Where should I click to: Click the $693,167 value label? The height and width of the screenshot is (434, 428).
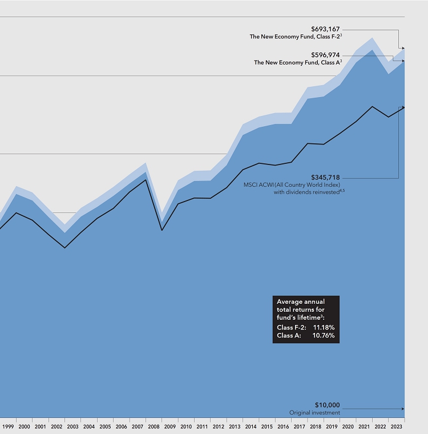[325, 29]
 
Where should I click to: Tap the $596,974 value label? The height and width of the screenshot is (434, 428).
[325, 55]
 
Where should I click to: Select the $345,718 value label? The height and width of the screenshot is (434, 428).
[325, 178]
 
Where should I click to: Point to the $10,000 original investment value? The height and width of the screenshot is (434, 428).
[327, 405]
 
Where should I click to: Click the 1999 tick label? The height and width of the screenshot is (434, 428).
[8, 427]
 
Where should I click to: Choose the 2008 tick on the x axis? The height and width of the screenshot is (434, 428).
[154, 427]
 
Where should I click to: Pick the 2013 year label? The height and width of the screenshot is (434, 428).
[235, 427]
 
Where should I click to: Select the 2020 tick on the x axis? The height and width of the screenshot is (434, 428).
[348, 427]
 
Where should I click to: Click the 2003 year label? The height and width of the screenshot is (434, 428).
[72, 427]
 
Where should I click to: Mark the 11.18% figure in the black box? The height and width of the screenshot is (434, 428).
[324, 327]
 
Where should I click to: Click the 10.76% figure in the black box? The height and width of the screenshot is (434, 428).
[324, 336]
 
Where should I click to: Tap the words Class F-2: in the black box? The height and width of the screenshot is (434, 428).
[291, 327]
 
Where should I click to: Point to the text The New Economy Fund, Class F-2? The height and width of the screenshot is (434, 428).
[294, 37]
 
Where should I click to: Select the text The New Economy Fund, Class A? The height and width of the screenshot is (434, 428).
[297, 62]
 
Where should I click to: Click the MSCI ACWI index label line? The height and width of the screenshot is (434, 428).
[298, 185]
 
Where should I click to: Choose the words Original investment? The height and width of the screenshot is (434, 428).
[314, 412]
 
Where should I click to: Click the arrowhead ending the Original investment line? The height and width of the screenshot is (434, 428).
[402, 409]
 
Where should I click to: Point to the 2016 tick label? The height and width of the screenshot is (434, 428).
[283, 427]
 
